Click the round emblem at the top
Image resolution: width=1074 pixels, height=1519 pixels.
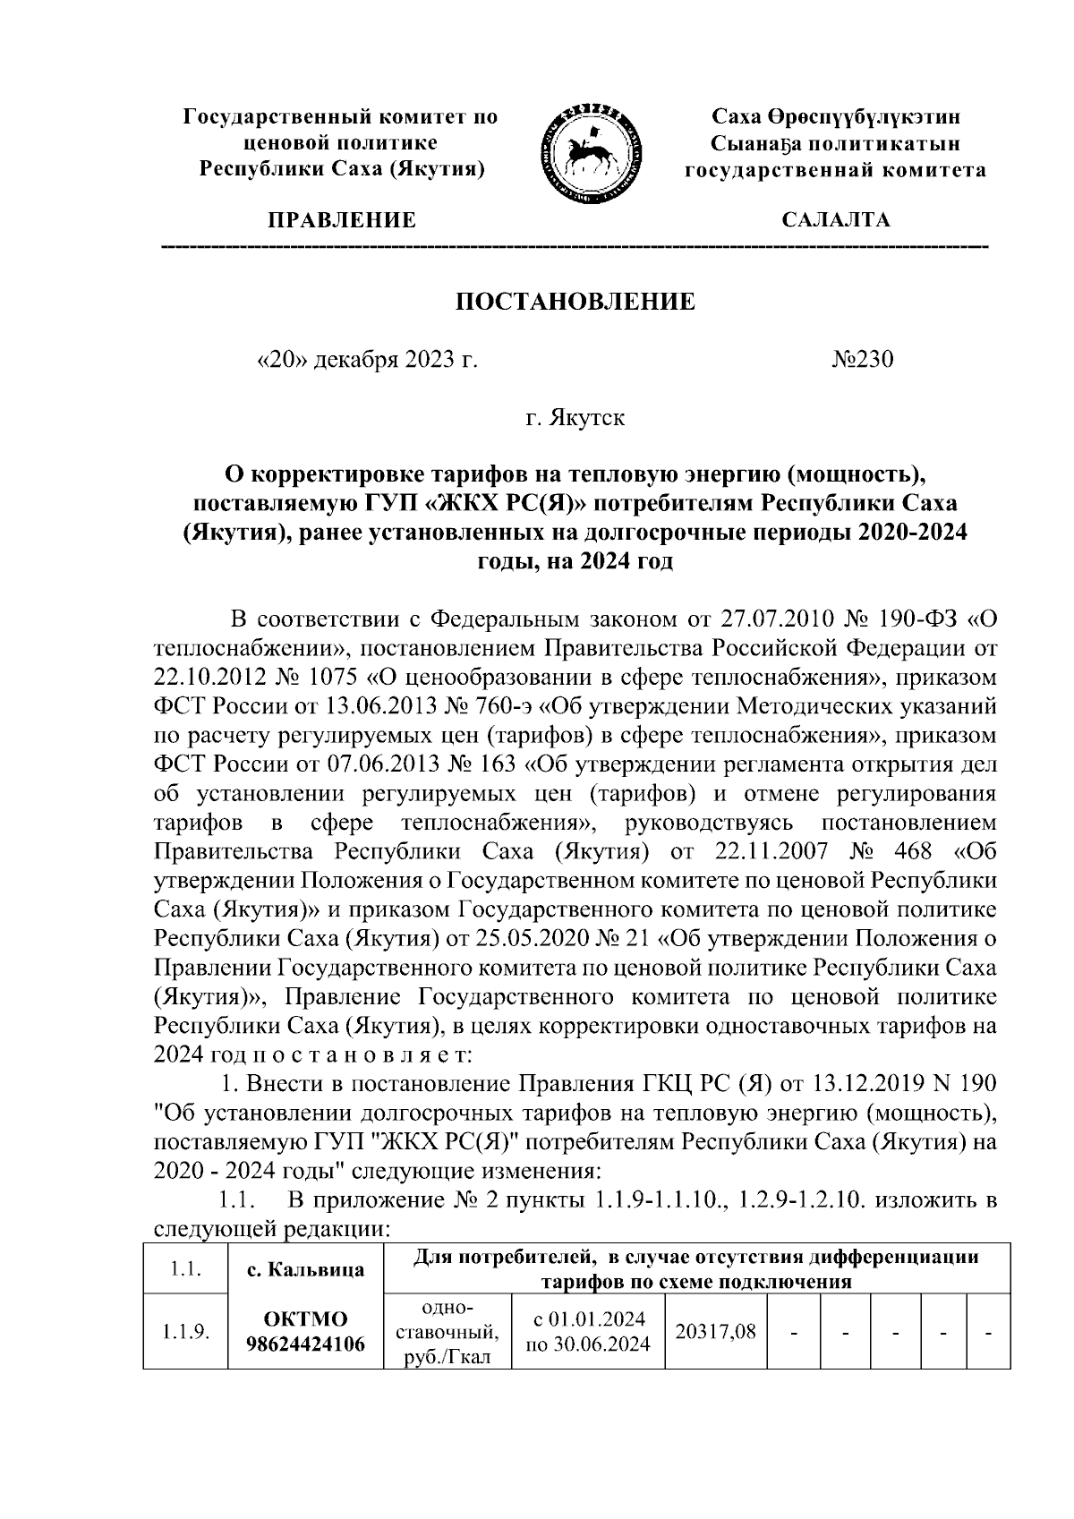coord(591,146)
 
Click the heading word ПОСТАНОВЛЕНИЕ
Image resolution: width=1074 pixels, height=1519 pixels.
coord(575,302)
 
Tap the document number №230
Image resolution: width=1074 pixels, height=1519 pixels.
coord(863,360)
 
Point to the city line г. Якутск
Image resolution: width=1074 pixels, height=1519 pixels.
coord(575,417)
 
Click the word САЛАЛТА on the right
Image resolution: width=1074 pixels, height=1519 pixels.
coord(836,220)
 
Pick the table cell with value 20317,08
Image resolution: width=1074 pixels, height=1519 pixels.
coord(715,1332)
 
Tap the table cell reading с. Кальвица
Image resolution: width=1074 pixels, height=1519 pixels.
coord(305,1269)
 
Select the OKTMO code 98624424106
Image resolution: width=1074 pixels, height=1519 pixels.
coord(305,1343)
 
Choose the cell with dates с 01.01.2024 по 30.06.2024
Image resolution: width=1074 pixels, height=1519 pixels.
coord(587,1332)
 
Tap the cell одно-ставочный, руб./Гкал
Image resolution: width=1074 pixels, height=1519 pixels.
coord(445,1332)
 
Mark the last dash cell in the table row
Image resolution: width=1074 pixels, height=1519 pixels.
coord(988,1332)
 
